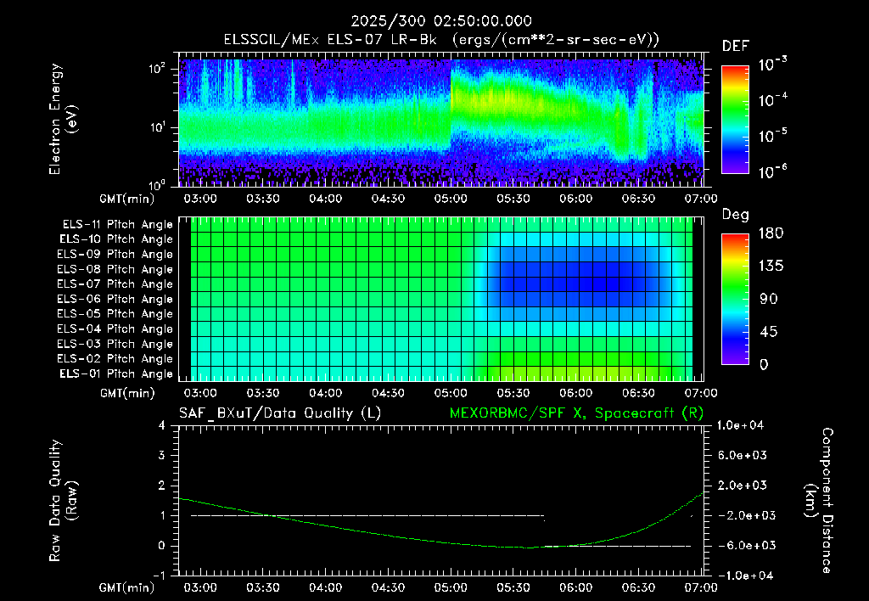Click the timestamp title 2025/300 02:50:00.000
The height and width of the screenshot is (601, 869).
(441, 21)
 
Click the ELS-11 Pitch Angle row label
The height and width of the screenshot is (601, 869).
(117, 225)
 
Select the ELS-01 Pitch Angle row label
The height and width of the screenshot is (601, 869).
(116, 374)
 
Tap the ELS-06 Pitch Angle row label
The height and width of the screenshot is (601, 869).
(115, 299)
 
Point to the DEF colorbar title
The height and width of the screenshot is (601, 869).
(736, 46)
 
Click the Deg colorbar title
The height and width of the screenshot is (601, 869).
(736, 215)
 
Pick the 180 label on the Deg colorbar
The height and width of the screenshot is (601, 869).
(771, 233)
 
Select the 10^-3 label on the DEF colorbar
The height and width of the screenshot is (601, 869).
(772, 64)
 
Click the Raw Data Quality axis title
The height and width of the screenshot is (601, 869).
(62, 501)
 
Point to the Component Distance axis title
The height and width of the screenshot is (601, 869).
(820, 501)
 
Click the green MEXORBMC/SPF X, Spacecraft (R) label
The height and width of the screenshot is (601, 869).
(576, 413)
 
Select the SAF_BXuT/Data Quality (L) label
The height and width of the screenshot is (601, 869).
(280, 413)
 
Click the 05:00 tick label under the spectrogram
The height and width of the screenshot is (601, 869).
(451, 199)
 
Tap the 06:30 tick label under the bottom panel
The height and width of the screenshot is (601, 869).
(638, 587)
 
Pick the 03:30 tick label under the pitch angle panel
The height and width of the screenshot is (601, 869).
(263, 393)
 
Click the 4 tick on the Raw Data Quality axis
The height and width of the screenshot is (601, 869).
(161, 425)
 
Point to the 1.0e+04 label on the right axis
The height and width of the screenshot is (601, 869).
(740, 425)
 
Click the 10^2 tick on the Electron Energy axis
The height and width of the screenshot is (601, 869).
(157, 69)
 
